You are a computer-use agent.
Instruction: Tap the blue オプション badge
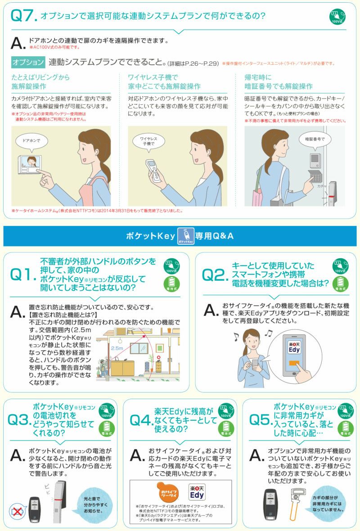tap(28, 62)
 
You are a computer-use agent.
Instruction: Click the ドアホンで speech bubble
tap(31, 141)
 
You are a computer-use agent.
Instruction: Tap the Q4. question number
tap(141, 420)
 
